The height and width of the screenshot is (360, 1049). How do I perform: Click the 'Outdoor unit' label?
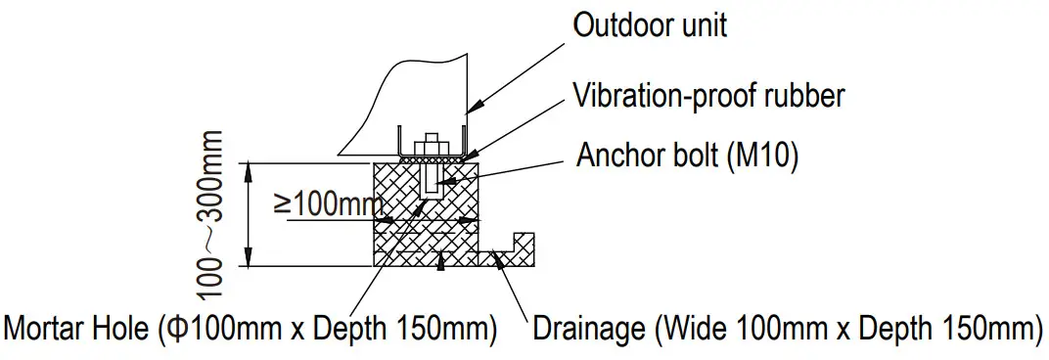[650, 24]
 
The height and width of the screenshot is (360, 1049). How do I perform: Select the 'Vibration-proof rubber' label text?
[708, 95]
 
